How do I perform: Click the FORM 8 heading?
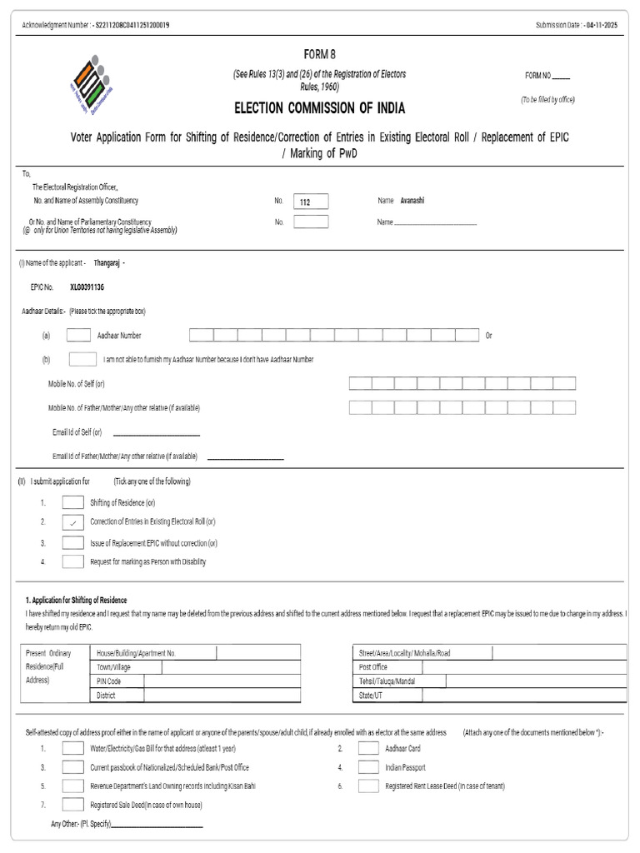[319, 55]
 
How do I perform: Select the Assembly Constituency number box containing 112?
[311, 202]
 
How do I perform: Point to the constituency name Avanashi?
[412, 201]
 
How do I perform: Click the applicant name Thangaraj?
[107, 262]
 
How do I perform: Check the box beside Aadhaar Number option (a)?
[78, 335]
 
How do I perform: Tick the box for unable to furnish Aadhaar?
[82, 359]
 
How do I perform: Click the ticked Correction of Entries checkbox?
[73, 521]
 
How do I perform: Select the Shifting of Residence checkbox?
[73, 502]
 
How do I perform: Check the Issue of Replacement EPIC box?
[73, 542]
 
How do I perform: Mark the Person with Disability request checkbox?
[73, 561]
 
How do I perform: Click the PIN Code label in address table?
[109, 681]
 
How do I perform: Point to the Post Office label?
[372, 667]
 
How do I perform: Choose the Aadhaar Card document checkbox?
[368, 748]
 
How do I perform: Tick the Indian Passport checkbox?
[368, 767]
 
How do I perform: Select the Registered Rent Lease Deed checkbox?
[368, 786]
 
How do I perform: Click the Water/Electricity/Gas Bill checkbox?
[73, 748]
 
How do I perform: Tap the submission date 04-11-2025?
[602, 26]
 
